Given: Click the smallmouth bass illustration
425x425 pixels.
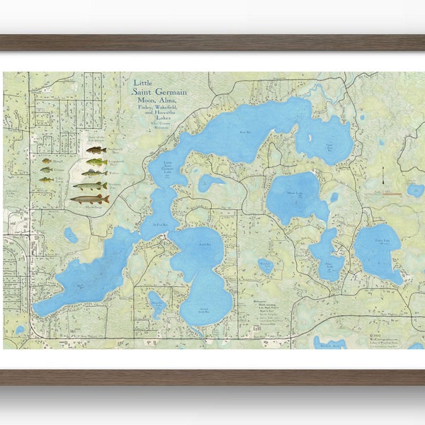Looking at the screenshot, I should [96, 150].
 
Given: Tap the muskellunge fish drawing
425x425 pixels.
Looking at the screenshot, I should [90, 199].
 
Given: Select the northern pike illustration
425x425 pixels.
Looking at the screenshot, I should [91, 186].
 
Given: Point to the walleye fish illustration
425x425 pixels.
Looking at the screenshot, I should [94, 173].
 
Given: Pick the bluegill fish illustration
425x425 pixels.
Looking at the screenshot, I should [46, 161].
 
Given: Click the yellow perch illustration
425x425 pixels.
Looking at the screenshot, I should [46, 180].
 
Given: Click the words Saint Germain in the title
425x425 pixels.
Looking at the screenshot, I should [161, 90].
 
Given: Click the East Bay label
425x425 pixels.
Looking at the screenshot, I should [246, 132].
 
